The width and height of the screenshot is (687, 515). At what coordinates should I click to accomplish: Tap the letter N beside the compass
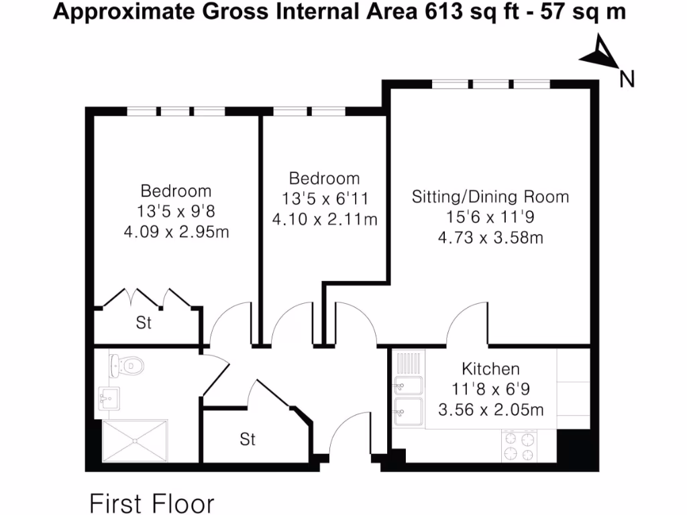pos(627,79)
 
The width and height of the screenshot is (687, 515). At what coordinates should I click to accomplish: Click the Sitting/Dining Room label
pos(490,197)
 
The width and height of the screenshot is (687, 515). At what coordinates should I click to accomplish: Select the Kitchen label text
pos(490,369)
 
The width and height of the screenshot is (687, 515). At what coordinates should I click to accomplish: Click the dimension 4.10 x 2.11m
pos(324,219)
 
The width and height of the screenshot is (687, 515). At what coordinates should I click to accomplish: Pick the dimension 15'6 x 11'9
pos(490,217)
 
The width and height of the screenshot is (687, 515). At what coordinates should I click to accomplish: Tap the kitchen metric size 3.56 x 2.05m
pos(490,409)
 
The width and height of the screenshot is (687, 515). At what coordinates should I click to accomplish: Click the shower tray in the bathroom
pos(136,441)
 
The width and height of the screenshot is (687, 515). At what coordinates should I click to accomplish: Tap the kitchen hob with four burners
pos(519,447)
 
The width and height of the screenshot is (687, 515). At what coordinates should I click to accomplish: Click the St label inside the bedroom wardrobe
pos(144,323)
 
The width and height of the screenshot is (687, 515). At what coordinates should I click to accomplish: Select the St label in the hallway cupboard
pos(248,440)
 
